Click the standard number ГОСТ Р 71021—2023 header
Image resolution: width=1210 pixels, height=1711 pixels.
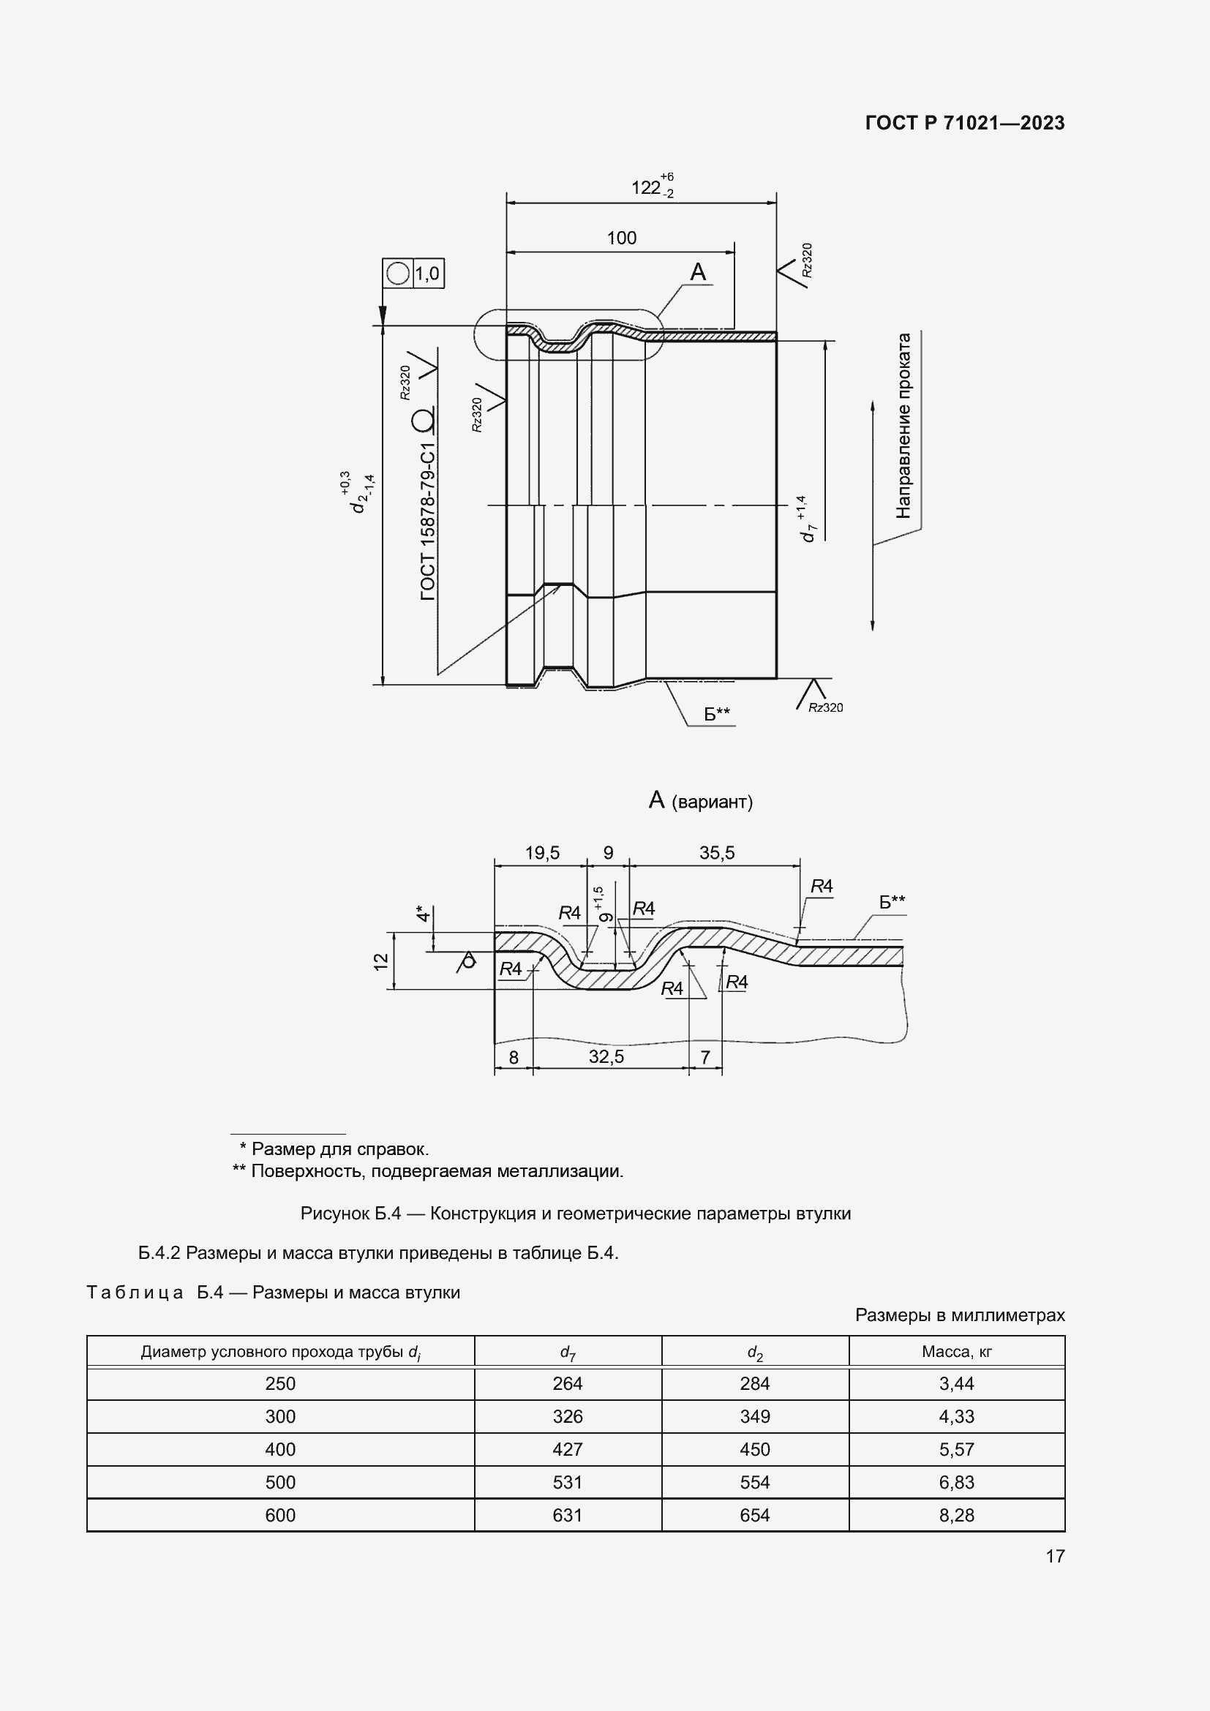click(965, 123)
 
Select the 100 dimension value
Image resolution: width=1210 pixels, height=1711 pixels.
click(621, 238)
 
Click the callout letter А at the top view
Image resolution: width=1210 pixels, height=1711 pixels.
click(697, 272)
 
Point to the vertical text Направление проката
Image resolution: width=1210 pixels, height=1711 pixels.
click(903, 426)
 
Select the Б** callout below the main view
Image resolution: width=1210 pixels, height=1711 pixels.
click(717, 714)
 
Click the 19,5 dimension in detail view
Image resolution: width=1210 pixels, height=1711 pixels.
click(541, 852)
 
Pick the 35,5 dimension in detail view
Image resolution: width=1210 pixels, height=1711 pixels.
click(717, 852)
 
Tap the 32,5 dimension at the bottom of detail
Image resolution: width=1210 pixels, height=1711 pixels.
click(606, 1057)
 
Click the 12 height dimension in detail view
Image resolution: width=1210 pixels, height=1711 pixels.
click(380, 961)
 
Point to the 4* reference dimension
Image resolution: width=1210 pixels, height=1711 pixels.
click(422, 914)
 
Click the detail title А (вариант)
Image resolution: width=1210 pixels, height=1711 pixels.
click(700, 801)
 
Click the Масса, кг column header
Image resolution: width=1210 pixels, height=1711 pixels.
click(956, 1351)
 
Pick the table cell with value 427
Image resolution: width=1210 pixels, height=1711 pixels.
click(567, 1449)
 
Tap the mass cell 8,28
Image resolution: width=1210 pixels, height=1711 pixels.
click(956, 1515)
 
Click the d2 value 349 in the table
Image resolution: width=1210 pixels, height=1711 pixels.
click(754, 1417)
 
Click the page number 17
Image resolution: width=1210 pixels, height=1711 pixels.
click(1055, 1556)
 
